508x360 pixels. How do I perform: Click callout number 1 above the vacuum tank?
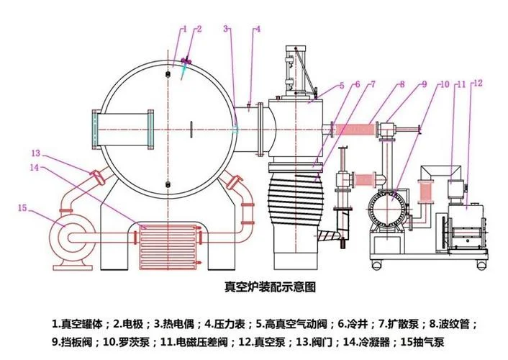[185, 30]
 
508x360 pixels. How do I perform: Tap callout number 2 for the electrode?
[199, 30]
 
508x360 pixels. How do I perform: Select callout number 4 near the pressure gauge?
[258, 30]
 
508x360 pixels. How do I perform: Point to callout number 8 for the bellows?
[402, 84]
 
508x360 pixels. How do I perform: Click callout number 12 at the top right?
[478, 84]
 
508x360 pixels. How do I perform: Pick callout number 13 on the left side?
[36, 153]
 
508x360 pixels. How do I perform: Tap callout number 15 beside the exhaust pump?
[22, 208]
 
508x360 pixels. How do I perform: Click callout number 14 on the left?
[35, 168]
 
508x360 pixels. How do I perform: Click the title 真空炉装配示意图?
[270, 287]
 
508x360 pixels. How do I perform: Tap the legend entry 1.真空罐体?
[78, 324]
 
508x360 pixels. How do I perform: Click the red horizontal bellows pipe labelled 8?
[355, 130]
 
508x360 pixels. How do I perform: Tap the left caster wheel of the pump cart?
[377, 266]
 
